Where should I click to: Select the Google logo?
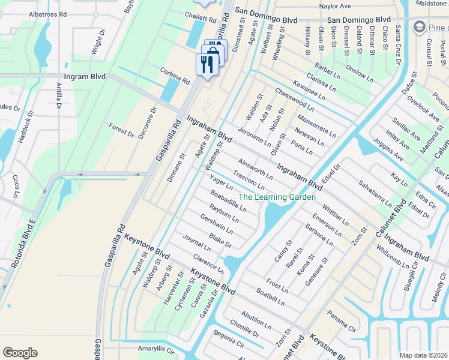pyautogui.click(x=20, y=353)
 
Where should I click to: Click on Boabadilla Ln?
pyautogui.click(x=228, y=201)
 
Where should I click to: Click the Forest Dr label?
pyautogui.click(x=121, y=130)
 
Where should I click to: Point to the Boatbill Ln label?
pyautogui.click(x=270, y=298)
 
